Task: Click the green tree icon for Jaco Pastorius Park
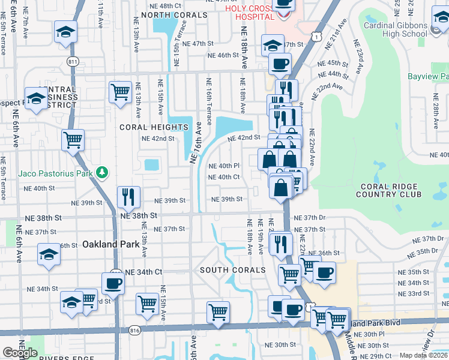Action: click(x=102, y=173)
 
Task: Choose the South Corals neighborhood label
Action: click(x=233, y=270)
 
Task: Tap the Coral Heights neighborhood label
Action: click(x=154, y=127)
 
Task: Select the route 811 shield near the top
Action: click(x=73, y=61)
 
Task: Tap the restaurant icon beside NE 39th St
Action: click(x=128, y=196)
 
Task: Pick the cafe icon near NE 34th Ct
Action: click(x=113, y=282)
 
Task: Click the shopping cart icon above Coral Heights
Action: click(x=120, y=92)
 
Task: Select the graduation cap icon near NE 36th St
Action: click(x=49, y=254)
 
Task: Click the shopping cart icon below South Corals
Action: click(x=218, y=311)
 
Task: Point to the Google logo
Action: click(x=20, y=352)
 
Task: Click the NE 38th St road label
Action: click(x=139, y=215)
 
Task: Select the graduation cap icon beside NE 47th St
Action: click(x=273, y=44)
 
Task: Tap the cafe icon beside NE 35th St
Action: click(x=325, y=272)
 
